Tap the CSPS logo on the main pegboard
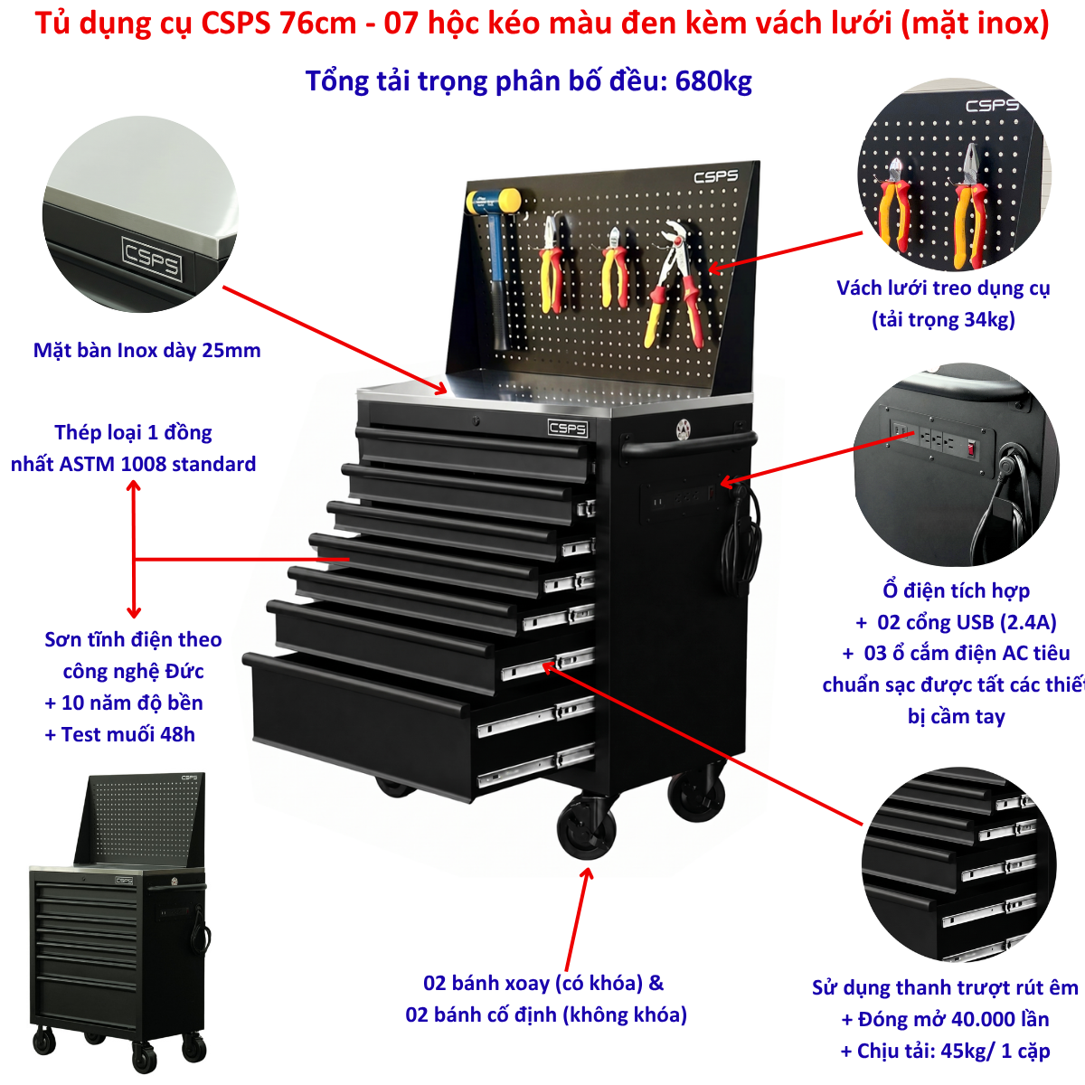click(x=715, y=176)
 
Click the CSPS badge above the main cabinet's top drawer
click(x=568, y=428)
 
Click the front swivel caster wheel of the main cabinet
click(x=587, y=827)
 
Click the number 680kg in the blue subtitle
click(x=712, y=81)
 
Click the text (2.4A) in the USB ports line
click(x=1028, y=622)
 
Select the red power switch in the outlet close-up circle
click(x=971, y=448)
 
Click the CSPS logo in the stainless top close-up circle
click(x=152, y=259)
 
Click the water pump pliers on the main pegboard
click(x=674, y=281)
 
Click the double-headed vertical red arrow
click(x=134, y=549)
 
